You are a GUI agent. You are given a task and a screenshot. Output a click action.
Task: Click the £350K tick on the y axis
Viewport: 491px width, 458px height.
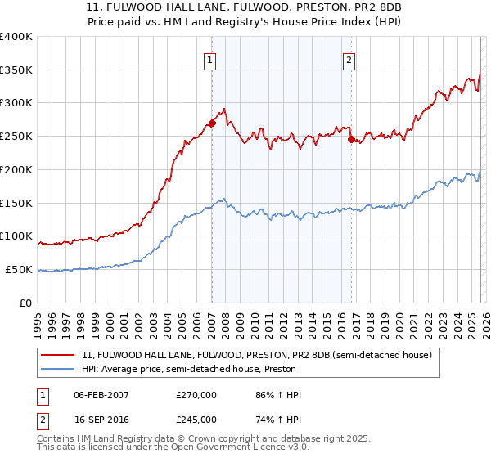16,70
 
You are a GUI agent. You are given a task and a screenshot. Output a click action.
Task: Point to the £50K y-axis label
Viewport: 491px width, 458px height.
18,269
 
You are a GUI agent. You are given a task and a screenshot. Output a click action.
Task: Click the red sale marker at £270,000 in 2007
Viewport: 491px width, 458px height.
212,123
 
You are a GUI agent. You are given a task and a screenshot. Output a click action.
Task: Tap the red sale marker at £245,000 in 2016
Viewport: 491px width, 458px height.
351,140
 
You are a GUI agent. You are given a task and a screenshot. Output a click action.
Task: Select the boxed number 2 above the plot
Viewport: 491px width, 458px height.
349,59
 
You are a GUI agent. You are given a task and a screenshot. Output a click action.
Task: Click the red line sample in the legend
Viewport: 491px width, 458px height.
58,354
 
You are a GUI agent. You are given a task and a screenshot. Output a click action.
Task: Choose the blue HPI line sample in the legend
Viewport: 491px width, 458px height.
58,370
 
